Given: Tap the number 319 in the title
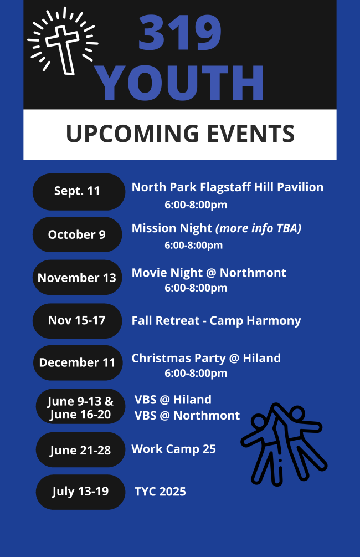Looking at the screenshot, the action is (x=180, y=33).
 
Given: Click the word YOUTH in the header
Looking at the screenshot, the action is (x=181, y=83).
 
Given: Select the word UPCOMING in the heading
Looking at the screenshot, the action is (x=132, y=134).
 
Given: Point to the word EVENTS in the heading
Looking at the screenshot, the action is (x=251, y=134).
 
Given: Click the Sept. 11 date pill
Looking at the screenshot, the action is (x=79, y=191).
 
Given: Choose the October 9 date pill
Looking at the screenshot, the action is (x=78, y=234).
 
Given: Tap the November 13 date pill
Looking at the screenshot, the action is (x=78, y=278).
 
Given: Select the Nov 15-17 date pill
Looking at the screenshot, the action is (x=78, y=320).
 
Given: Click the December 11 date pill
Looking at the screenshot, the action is (x=78, y=362).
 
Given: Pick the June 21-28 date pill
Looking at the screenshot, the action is (x=81, y=449).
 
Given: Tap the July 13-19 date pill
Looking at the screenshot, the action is (x=81, y=492).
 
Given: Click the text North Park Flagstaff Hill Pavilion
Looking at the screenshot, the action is (x=228, y=187).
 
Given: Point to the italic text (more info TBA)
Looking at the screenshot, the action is (x=259, y=228).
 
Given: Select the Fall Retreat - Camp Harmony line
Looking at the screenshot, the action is (x=216, y=321).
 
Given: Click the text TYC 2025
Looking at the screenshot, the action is (x=160, y=492).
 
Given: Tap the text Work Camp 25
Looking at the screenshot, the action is (x=173, y=449).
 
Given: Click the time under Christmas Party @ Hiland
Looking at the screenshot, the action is (x=196, y=374).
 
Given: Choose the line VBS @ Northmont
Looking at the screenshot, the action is (x=187, y=415).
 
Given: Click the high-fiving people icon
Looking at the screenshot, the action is (x=284, y=444).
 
